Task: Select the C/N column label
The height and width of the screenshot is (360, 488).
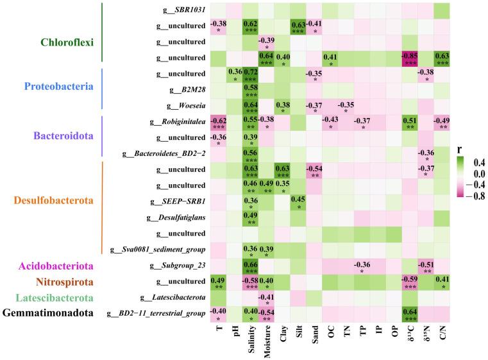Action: [442, 336]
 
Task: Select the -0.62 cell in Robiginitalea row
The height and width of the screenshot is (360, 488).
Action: [218, 122]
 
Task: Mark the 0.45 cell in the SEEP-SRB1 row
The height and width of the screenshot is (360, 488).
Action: [298, 202]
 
